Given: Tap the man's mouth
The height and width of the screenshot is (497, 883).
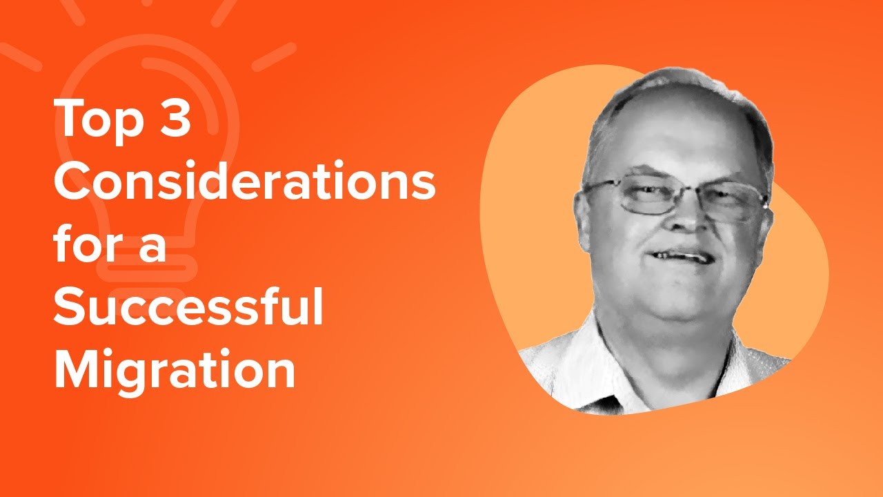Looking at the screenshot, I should click(x=680, y=256).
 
